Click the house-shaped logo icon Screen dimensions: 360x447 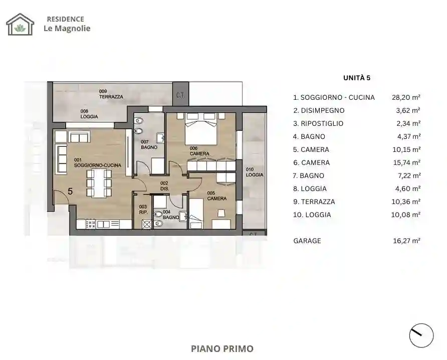[x=20, y=24]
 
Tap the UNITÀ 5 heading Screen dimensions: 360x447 [x=356, y=78]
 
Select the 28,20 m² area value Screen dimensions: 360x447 [x=405, y=98]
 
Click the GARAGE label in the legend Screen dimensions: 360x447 [x=307, y=241]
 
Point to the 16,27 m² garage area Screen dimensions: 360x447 [x=405, y=241]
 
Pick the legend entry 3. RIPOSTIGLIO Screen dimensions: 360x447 [x=318, y=124]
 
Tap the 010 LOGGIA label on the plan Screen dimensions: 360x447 [x=255, y=172]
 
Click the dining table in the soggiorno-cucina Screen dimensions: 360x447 [x=98, y=183]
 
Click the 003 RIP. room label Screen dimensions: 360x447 [x=143, y=209]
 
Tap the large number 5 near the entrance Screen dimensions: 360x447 [x=70, y=191]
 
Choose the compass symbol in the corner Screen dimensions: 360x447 [x=421, y=335]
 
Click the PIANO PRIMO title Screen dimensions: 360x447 [x=222, y=348]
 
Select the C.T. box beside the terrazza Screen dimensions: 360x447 [x=178, y=95]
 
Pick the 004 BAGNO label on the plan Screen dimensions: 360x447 [x=170, y=215]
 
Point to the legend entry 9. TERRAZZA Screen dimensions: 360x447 [x=314, y=202]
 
